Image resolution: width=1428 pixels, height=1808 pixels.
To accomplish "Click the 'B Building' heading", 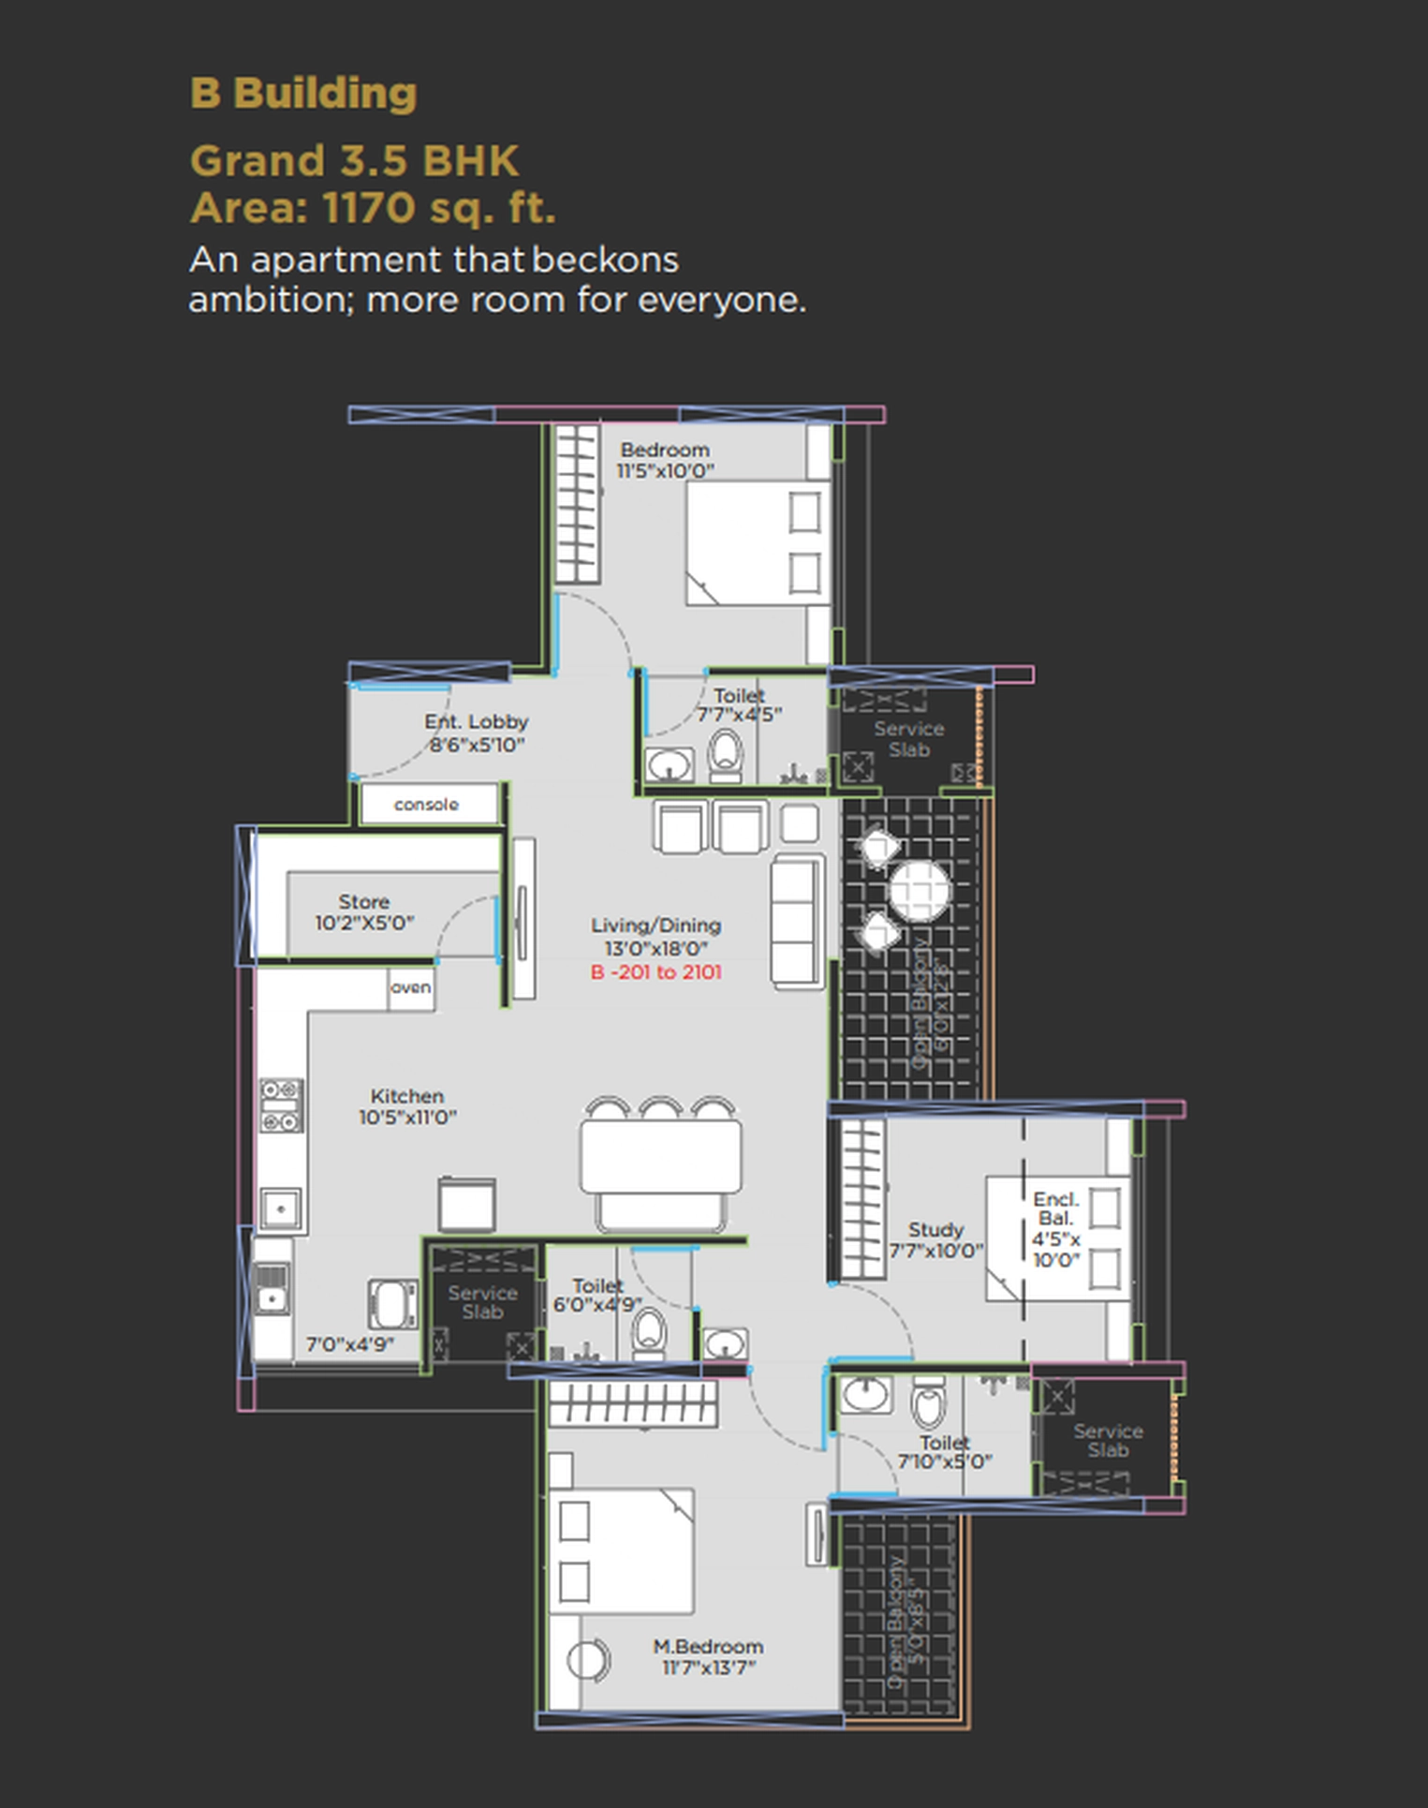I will click(303, 93).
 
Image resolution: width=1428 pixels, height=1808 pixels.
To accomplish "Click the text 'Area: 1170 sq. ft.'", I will click(373, 208).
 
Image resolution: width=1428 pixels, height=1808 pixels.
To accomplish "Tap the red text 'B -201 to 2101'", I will click(655, 972).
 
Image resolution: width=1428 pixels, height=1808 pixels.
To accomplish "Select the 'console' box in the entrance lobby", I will click(427, 805).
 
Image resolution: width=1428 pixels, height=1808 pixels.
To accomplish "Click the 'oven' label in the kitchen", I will click(411, 987).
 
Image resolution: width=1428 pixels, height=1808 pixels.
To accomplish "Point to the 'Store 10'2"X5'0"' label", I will click(364, 912).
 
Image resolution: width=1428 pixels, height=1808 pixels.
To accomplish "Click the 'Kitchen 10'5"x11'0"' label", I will click(407, 1106).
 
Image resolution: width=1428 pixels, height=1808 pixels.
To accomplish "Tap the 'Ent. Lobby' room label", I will click(476, 733).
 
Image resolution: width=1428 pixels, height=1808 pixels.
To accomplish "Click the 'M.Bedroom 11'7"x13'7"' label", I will click(708, 1656).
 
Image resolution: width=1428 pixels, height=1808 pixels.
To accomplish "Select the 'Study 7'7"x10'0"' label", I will click(935, 1239).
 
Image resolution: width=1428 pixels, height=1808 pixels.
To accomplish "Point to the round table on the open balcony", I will click(919, 890).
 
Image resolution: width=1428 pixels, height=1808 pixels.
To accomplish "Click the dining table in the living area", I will click(660, 1156).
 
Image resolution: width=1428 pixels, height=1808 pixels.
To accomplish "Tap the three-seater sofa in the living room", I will click(796, 920).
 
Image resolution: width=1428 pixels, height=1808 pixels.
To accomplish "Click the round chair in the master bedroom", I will click(587, 1661).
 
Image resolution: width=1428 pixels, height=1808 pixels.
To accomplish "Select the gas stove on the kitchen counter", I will click(281, 1105).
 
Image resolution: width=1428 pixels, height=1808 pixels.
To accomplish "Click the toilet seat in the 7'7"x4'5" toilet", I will click(725, 754).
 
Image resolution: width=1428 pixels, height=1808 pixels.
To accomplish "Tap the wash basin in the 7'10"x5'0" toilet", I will click(865, 1394).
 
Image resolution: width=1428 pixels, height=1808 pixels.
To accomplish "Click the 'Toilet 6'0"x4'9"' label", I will click(597, 1295).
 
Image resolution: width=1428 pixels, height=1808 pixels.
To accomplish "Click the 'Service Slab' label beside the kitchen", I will click(482, 1302).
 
